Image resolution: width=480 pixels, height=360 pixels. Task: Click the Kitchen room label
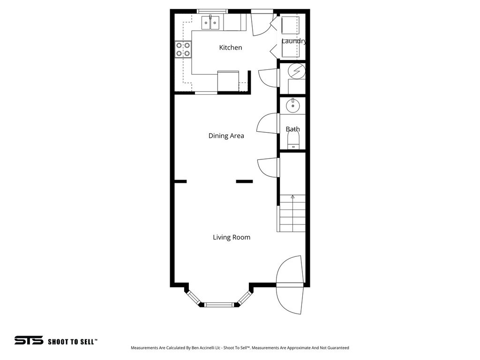click(x=231, y=47)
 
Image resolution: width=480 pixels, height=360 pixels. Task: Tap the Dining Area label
click(x=226, y=136)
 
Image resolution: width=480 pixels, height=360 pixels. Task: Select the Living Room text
click(x=232, y=237)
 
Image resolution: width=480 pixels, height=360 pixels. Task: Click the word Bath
click(x=292, y=129)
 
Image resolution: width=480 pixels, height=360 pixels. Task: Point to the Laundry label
click(x=294, y=41)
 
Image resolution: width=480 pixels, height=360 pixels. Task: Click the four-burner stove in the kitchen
click(x=183, y=49)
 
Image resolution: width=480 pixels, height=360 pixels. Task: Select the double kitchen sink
click(x=211, y=22)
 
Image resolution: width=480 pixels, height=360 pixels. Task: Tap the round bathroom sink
click(x=293, y=105)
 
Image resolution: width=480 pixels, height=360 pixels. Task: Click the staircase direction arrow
click(x=293, y=197)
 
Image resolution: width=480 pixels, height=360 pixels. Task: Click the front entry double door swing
click(x=289, y=285)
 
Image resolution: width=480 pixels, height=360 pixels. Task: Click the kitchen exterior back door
click(x=261, y=24)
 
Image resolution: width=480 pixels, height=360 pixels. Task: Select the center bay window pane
click(x=219, y=304)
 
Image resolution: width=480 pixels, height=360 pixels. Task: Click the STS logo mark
click(x=29, y=340)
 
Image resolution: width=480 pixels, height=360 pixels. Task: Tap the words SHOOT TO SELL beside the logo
click(x=72, y=342)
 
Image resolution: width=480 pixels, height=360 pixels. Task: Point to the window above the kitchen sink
click(x=212, y=11)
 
